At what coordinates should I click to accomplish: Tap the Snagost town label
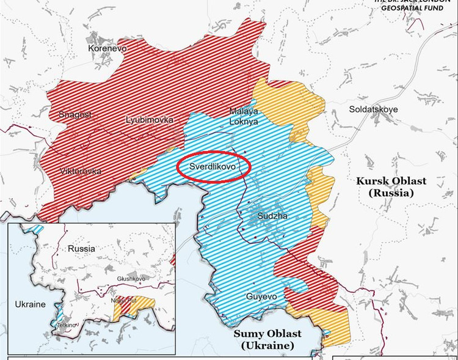pyautogui.click(x=75, y=115)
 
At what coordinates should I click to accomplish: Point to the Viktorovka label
pyautogui.click(x=81, y=171)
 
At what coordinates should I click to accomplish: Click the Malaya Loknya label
pyautogui.click(x=244, y=116)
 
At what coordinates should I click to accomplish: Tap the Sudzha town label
pyautogui.click(x=271, y=216)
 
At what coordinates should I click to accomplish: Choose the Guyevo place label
pyautogui.click(x=261, y=296)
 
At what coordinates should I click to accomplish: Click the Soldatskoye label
pyautogui.click(x=373, y=109)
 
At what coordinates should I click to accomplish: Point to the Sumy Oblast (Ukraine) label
pyautogui.click(x=267, y=340)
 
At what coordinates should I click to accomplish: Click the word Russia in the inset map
pyautogui.click(x=81, y=249)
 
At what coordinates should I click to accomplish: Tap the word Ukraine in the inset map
pyautogui.click(x=30, y=304)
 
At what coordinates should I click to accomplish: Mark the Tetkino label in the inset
pyautogui.click(x=68, y=325)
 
